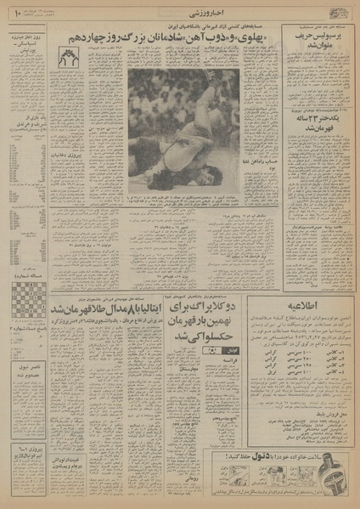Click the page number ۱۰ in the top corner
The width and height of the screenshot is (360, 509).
point(17,13)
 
